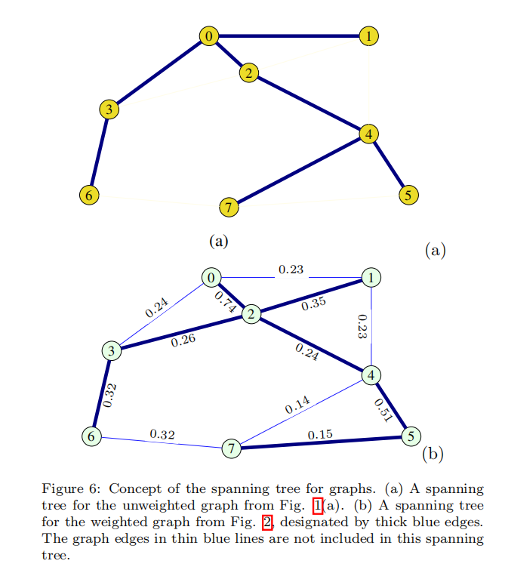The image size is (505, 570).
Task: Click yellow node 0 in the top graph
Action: click(210, 35)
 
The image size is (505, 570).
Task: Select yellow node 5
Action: click(408, 193)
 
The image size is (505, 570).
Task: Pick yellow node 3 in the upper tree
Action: click(109, 109)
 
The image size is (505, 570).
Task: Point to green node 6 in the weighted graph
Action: click(91, 436)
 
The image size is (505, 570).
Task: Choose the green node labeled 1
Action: click(371, 278)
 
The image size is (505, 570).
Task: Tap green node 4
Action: click(371, 374)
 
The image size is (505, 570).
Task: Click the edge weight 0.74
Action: click(225, 303)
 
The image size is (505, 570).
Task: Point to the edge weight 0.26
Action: click(183, 340)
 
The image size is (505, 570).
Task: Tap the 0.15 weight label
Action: click(320, 435)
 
